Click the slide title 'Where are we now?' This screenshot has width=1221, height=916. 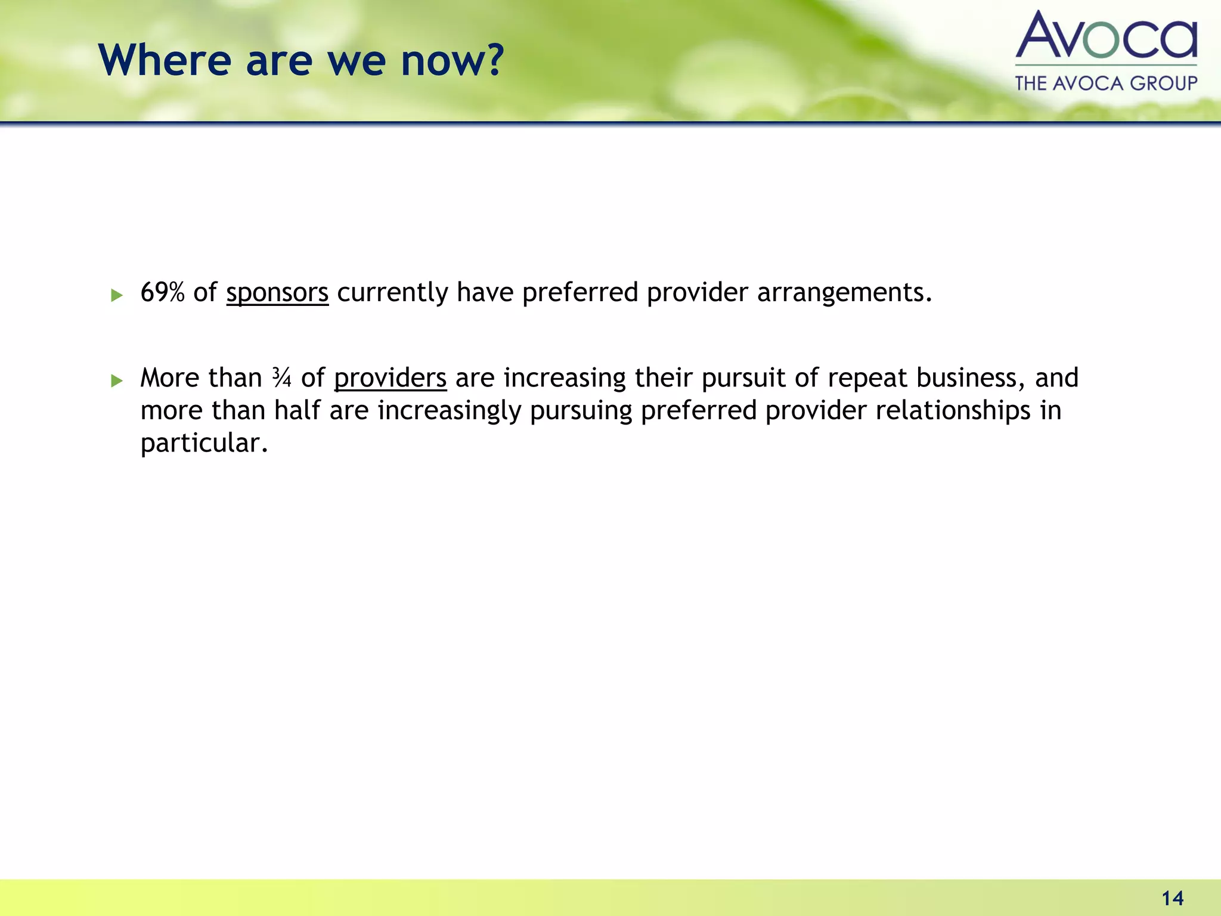coord(301,61)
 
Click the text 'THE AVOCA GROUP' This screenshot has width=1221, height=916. coord(1106,83)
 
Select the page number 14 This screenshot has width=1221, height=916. coord(1172,898)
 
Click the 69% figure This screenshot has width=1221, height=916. coord(162,292)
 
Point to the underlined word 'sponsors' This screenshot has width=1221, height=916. coord(277,293)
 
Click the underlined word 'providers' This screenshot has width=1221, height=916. coord(390,378)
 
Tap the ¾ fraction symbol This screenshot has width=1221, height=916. coord(281,377)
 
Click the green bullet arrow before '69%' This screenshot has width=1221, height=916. coord(117,295)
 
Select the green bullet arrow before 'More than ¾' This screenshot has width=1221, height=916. coord(117,380)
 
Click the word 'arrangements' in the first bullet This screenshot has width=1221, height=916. coord(844,293)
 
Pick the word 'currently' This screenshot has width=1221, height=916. coord(392,293)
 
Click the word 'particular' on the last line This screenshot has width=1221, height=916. coord(203,443)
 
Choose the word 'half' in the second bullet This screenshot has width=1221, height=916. coord(297,410)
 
